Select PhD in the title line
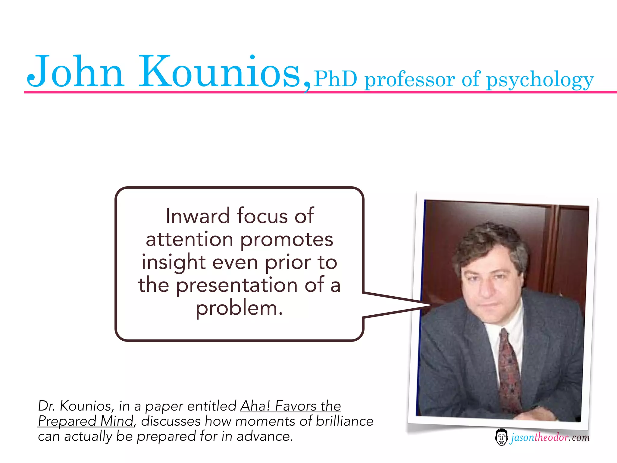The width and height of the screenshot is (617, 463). coord(335,79)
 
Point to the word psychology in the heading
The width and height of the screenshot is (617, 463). coord(540,80)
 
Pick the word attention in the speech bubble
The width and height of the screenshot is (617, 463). coord(189,239)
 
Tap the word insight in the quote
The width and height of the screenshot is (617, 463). coord(173,262)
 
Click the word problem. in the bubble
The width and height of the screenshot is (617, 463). coord(240,309)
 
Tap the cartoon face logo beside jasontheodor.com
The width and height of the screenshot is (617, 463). coord(501,437)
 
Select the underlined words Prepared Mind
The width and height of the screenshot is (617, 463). coord(86,421)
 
